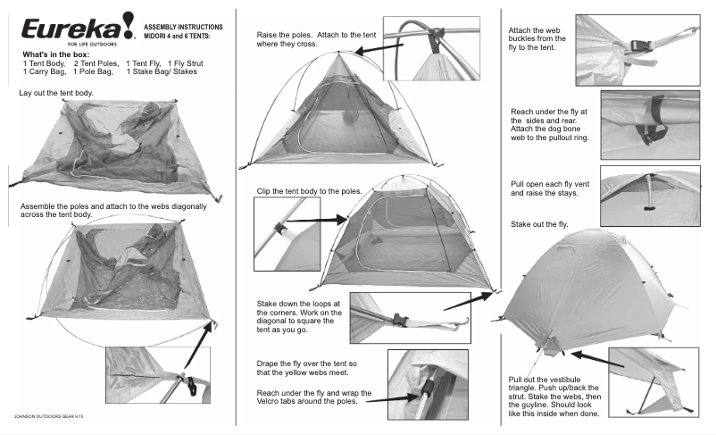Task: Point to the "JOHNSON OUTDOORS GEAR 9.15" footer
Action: pyautogui.click(x=50, y=417)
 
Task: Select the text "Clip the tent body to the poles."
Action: pyautogui.click(x=309, y=191)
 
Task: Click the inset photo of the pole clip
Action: pyautogui.click(x=287, y=234)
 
